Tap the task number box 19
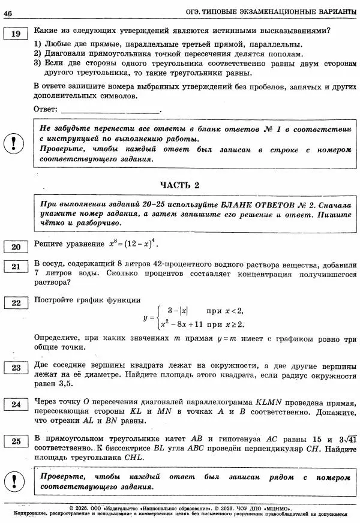click(16, 34)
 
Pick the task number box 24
click(16, 405)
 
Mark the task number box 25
click(16, 441)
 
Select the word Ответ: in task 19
click(46, 109)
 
